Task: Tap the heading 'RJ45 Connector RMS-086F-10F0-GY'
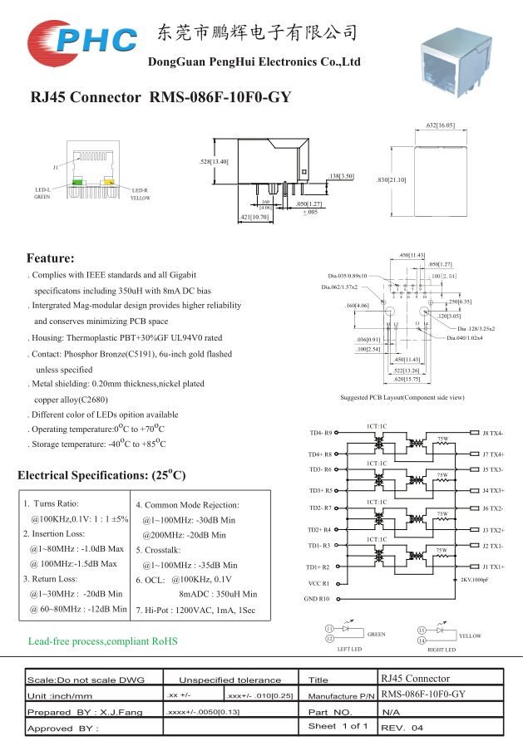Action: tap(160, 98)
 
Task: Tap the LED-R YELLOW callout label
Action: tap(141, 194)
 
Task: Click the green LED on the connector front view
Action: tap(78, 181)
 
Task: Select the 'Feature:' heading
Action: tap(51, 258)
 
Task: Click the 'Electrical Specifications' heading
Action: tap(101, 476)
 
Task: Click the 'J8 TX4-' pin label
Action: tap(492, 433)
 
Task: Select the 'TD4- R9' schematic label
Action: tap(320, 433)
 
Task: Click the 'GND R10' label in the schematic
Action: tap(317, 598)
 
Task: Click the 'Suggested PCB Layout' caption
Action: tap(402, 398)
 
